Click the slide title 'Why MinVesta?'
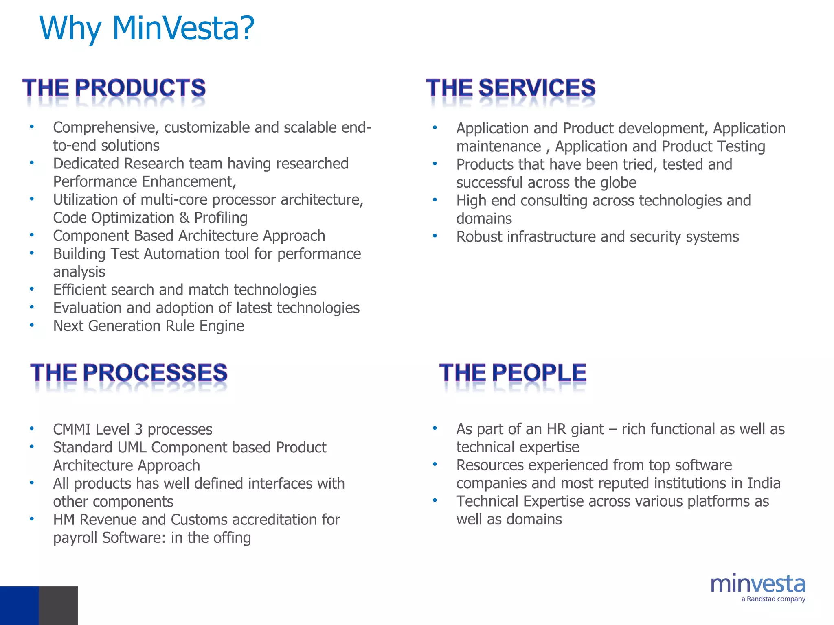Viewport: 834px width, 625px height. coord(147,28)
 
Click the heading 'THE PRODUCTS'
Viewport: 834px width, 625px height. coord(114,88)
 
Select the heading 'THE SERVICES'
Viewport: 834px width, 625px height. coord(511,88)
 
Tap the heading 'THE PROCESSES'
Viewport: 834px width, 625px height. coord(129,373)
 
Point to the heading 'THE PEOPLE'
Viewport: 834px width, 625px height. coord(513,373)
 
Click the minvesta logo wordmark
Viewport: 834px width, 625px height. coord(758,584)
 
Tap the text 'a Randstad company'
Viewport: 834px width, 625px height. coord(773,599)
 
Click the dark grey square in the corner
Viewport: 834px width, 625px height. coord(58,605)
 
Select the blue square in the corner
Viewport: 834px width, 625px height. coord(19,605)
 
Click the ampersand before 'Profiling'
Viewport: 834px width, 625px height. coord(184,218)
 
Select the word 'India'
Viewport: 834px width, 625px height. coord(764,483)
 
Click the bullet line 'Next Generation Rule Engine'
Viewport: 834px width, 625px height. coord(149,326)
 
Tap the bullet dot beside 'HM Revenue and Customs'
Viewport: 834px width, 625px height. coord(32,519)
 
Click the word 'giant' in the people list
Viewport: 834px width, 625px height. coord(587,429)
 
